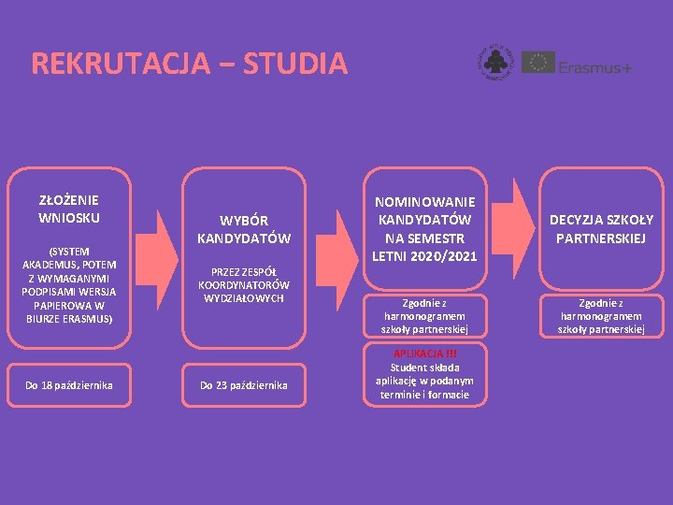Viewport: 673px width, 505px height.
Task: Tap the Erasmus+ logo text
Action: click(x=595, y=66)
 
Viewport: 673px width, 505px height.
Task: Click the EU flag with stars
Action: click(x=537, y=64)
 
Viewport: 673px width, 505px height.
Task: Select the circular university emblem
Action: click(x=494, y=62)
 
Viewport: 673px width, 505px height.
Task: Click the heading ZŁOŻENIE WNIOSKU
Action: click(x=69, y=209)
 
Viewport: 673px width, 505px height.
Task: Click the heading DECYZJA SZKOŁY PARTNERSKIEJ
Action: click(x=601, y=228)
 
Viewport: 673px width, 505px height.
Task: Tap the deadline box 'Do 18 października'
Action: click(x=69, y=385)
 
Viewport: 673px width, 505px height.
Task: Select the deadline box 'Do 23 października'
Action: click(x=244, y=385)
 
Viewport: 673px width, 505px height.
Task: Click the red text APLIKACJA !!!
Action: click(x=425, y=353)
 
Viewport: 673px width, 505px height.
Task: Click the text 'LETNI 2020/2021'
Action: click(x=425, y=256)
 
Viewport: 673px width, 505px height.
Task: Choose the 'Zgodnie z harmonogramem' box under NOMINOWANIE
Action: click(x=425, y=316)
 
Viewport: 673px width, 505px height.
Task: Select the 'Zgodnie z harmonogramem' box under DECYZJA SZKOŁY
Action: click(x=601, y=316)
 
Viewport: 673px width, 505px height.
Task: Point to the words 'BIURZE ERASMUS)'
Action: click(x=69, y=319)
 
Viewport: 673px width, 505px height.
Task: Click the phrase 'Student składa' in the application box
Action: click(x=425, y=368)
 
